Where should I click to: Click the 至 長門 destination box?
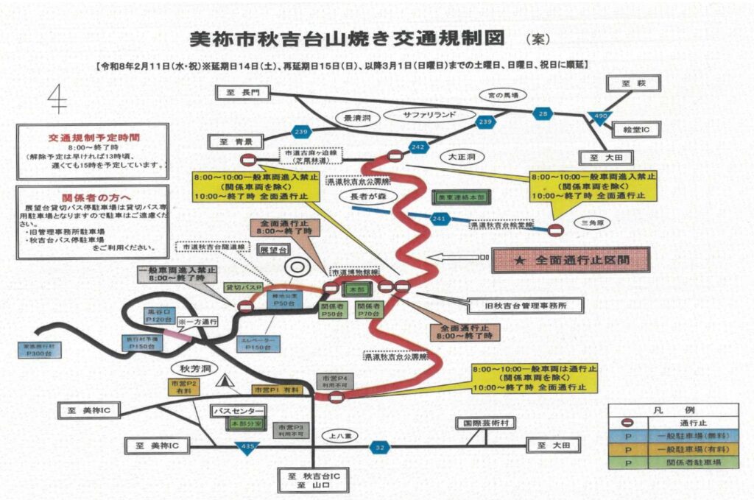(x=242, y=92)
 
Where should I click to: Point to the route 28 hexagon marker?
(x=543, y=113)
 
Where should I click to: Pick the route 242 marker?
(x=417, y=148)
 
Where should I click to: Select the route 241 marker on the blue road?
(x=440, y=218)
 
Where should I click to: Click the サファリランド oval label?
(x=429, y=115)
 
